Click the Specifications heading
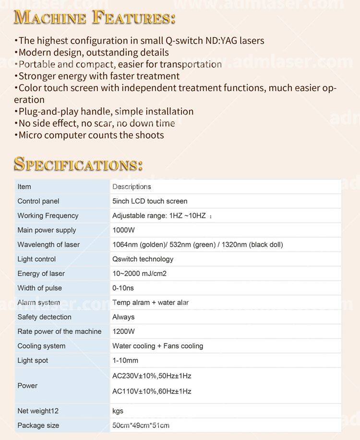pyautogui.click(x=78, y=164)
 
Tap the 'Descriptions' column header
pyautogui.click(x=132, y=187)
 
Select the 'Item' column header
pyautogui.click(x=24, y=187)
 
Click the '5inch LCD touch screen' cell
pyautogui.click(x=150, y=201)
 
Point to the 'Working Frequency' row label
pyautogui.click(x=48, y=215)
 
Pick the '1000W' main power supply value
pyautogui.click(x=123, y=230)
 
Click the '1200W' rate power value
pyautogui.click(x=123, y=331)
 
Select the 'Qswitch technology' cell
pyautogui.click(x=143, y=259)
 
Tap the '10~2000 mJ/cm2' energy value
pyautogui.click(x=139, y=274)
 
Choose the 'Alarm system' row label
pyautogui.click(x=38, y=302)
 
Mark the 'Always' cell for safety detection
pyautogui.click(x=123, y=317)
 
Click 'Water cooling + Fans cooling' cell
pyautogui.click(x=157, y=345)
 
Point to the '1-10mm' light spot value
pyautogui.click(x=125, y=360)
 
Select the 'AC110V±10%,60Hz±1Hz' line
pyautogui.click(x=152, y=391)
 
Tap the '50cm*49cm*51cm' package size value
pyautogui.click(x=141, y=425)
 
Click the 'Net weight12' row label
pyautogui.click(x=38, y=411)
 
